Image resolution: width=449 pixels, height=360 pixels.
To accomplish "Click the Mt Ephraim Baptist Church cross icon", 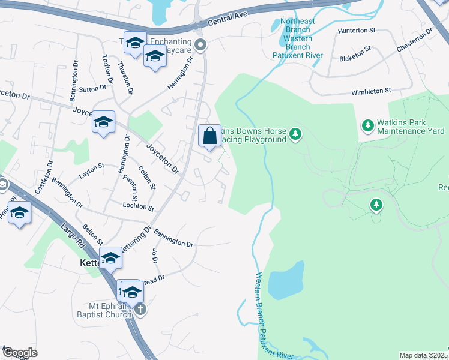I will [x=140, y=310].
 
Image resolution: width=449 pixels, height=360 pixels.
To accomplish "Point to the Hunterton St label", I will [x=356, y=29].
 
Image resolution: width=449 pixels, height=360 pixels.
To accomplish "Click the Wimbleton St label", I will [x=371, y=91].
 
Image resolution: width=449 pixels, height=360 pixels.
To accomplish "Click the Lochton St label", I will [x=139, y=206].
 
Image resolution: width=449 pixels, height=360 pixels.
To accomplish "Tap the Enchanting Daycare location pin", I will [x=201, y=44].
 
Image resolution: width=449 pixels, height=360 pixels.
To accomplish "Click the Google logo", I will [x=19, y=353].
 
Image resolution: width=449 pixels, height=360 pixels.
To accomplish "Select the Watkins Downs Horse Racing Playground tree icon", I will [x=295, y=133].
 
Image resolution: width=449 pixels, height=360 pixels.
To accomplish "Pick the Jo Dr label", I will [x=154, y=257].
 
